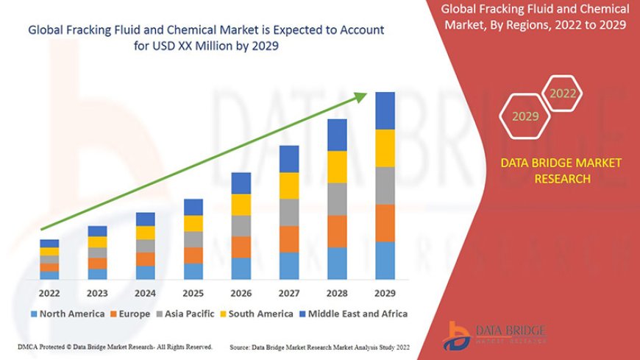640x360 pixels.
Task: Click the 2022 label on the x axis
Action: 49,292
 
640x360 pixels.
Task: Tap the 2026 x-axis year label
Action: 241,292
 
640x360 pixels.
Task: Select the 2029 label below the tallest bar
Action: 385,292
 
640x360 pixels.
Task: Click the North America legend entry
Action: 68,314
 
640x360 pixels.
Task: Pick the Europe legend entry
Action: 132,314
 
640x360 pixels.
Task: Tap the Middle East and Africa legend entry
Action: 356,314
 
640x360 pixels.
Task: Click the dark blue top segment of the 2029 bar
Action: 385,110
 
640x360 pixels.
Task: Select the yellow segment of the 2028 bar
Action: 337,166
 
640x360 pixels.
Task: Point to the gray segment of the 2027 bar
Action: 289,212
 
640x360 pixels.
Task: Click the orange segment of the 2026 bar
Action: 241,247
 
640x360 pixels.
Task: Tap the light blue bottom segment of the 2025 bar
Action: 193,271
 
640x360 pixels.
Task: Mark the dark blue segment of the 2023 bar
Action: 97,231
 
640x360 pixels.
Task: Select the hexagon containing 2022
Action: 563,93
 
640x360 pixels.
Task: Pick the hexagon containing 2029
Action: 525,116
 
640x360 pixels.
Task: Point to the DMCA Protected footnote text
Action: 114,347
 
